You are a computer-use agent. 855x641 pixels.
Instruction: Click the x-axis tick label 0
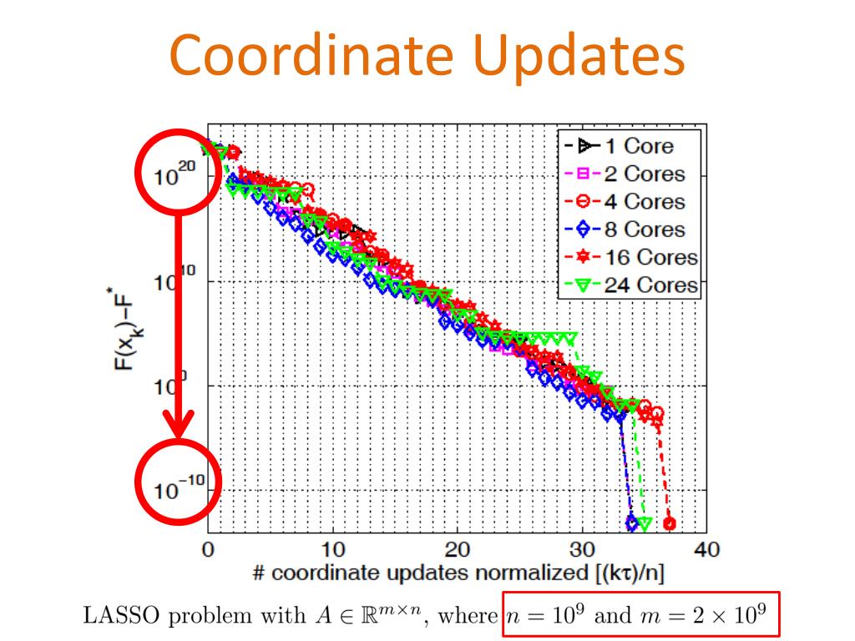(207, 551)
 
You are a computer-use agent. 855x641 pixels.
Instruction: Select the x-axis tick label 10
(332, 551)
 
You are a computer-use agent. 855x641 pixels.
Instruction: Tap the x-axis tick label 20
(458, 551)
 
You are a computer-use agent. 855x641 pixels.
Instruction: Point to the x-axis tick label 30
(582, 551)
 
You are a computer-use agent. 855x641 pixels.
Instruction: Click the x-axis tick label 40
(707, 551)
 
